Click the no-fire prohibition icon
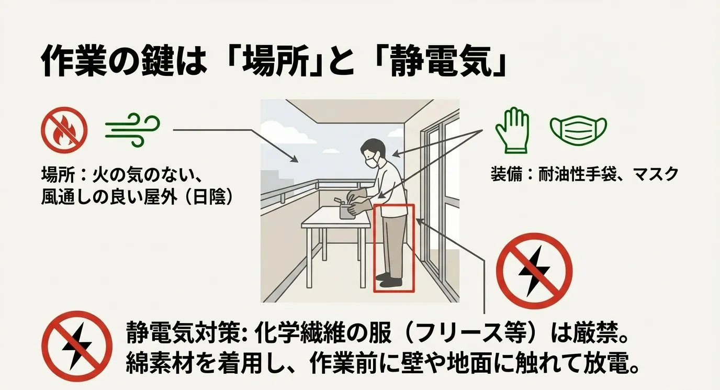[x=64, y=129]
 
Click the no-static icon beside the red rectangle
[x=534, y=271]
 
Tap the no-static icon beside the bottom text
[x=76, y=346]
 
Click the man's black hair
[x=374, y=146]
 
